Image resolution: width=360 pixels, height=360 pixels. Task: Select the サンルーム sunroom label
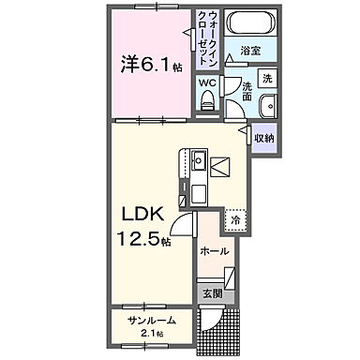(152, 321)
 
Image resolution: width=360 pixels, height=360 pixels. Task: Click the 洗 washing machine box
(266, 78)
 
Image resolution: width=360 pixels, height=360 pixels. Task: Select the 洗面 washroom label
(245, 89)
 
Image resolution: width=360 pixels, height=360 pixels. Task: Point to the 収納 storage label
(263, 138)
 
